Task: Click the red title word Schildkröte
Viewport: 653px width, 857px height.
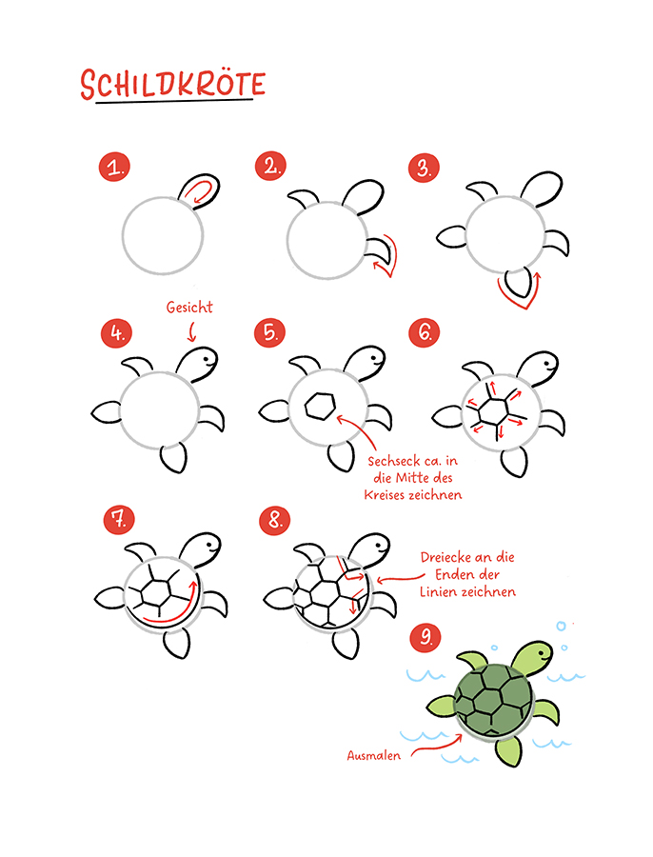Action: point(172,85)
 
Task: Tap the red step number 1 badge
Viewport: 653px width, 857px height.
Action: point(115,167)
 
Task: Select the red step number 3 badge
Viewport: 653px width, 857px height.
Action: point(424,168)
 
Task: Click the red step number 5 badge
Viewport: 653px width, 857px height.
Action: point(270,332)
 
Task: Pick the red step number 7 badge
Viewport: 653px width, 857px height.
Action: point(119,519)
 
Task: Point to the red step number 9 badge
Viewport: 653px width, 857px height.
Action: point(426,637)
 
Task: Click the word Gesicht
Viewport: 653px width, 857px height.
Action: point(189,308)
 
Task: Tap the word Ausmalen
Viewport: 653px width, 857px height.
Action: point(374,755)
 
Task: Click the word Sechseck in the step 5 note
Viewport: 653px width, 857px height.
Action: point(391,461)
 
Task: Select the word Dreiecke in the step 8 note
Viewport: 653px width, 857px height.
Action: point(445,557)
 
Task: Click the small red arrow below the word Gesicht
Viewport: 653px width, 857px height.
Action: point(190,331)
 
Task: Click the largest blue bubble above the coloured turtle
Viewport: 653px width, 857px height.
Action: point(562,626)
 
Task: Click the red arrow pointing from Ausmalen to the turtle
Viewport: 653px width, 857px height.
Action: point(436,745)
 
